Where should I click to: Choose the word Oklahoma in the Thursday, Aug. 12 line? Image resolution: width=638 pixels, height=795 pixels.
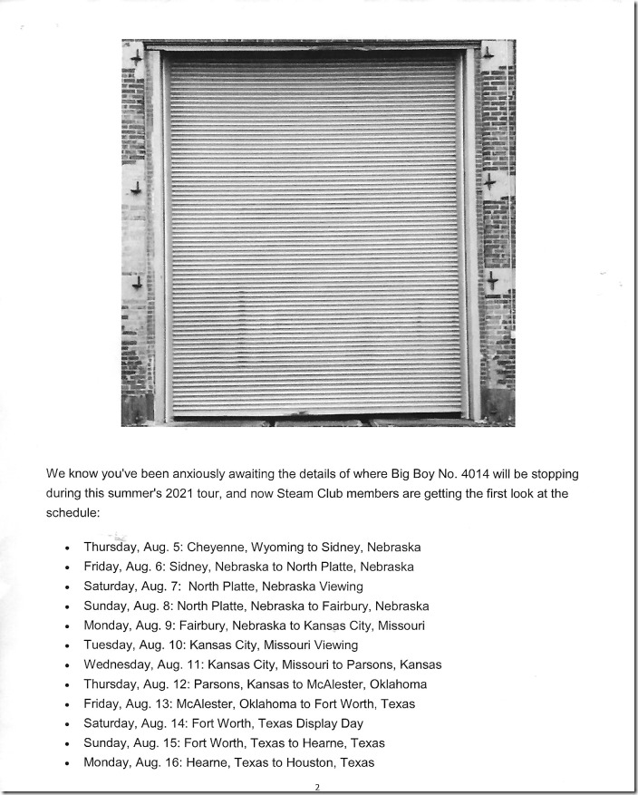[x=395, y=684]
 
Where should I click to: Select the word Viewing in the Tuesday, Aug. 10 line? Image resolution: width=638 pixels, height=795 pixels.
[x=332, y=645]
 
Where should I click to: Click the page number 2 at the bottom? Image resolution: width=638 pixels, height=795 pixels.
[x=317, y=787]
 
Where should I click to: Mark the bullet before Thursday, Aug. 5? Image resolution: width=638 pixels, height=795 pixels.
[x=68, y=548]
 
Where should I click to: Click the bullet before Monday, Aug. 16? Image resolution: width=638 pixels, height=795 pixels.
[x=68, y=763]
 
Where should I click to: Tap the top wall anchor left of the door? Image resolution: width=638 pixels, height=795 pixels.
[x=136, y=59]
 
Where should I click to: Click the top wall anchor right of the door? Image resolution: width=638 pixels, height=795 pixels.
[x=488, y=53]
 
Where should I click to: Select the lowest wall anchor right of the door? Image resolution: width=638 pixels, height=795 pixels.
[x=491, y=280]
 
